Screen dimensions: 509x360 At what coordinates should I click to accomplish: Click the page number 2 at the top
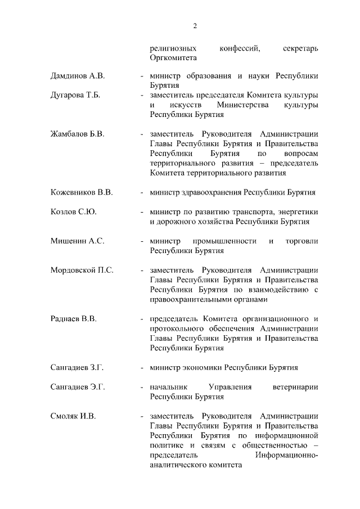pos(195,25)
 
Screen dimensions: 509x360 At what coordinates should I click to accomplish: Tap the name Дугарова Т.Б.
pos(75,95)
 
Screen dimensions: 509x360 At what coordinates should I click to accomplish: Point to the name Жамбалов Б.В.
pos(76,134)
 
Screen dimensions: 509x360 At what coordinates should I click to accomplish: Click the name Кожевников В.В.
pos(82,192)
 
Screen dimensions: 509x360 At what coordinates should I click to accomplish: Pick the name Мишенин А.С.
pos(76,241)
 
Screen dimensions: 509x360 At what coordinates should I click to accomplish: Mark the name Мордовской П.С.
pos(82,270)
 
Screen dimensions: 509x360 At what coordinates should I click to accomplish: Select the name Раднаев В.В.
pos(74,319)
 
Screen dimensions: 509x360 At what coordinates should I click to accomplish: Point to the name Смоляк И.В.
pos(73,416)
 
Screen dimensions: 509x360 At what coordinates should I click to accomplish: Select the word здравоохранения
pos(209,192)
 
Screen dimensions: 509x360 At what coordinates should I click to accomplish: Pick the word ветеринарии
pos(295,388)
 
